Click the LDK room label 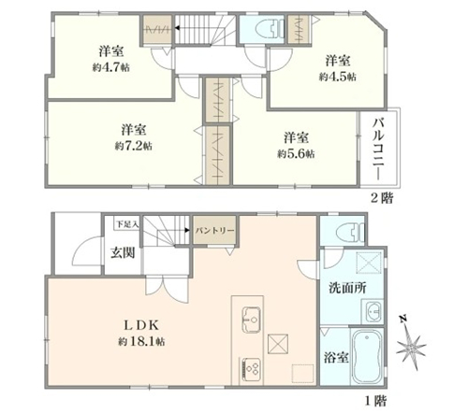[x=141, y=325]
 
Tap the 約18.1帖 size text [x=141, y=342]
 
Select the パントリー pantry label [x=214, y=231]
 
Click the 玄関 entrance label [x=123, y=253]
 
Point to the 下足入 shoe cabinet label [x=127, y=224]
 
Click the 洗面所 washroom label [x=347, y=288]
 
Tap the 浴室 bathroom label [x=336, y=358]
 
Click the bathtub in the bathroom [x=367, y=357]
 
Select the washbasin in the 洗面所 [x=373, y=311]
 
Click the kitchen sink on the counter [x=252, y=320]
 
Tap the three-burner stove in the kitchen [x=251, y=369]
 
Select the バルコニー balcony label [x=379, y=149]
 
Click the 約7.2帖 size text [x=134, y=146]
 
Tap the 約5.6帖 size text [x=296, y=153]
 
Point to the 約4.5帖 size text [x=338, y=77]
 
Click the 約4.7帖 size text [x=111, y=67]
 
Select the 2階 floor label [x=382, y=197]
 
